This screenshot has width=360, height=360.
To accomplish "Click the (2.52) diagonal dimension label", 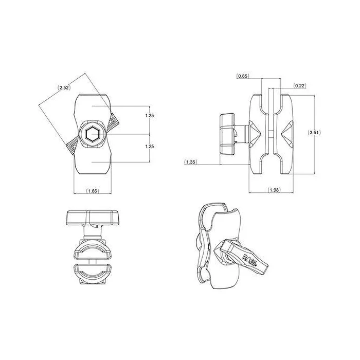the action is coord(64,87).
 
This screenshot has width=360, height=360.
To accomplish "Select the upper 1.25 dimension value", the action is coord(150,116).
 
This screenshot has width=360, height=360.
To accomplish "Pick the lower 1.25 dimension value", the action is coord(150,146).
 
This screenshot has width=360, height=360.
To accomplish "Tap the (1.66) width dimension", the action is coord(93,191).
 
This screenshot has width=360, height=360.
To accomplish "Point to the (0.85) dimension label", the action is coord(243,76).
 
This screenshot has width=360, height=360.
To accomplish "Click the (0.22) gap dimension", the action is coord(300,86).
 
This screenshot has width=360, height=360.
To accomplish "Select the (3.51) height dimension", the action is coord(314,133).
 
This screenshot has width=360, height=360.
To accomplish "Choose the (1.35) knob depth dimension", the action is coord(191,162).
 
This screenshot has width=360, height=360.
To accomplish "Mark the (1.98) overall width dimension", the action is coord(274,190).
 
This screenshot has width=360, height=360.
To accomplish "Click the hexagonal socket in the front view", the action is coord(92,134).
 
